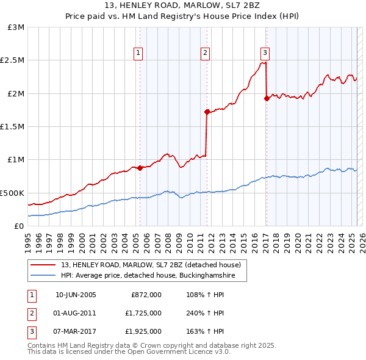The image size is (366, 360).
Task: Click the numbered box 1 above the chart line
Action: click(x=139, y=53)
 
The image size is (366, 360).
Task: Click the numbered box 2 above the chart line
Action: click(x=206, y=53)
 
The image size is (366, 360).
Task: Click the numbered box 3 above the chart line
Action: click(x=265, y=53)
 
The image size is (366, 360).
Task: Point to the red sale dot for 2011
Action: click(x=207, y=112)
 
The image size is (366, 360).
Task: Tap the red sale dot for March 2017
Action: click(x=267, y=98)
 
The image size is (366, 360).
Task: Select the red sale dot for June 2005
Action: click(x=140, y=168)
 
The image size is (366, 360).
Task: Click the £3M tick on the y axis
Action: click(x=16, y=27)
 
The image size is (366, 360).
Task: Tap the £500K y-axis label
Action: click(x=13, y=193)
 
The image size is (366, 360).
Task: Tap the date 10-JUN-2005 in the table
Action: click(x=76, y=295)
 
